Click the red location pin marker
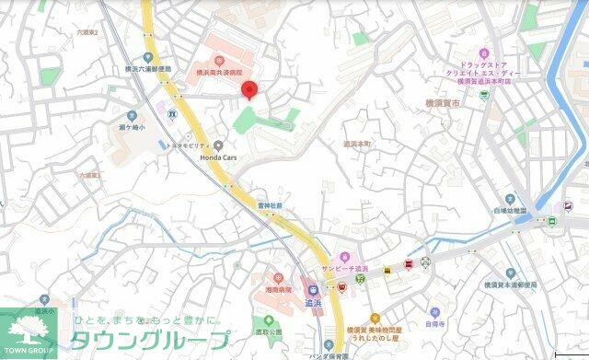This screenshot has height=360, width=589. click(248, 89)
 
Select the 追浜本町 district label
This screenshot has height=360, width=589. click(357, 145)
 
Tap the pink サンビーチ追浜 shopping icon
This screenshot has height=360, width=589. click(344, 256)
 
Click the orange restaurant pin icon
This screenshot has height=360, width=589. click(375, 318)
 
